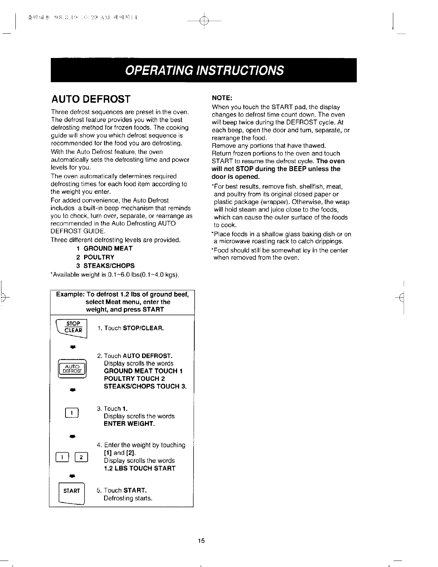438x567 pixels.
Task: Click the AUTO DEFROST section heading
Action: [x=91, y=99]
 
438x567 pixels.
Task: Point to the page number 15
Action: [x=201, y=541]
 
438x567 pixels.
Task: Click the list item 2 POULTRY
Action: [x=95, y=257]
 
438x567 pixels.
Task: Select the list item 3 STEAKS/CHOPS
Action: [x=105, y=266]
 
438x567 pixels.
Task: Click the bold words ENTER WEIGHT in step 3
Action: [x=129, y=424]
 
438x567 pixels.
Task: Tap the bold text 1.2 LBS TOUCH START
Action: [x=140, y=468]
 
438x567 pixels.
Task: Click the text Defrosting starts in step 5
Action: [x=128, y=498]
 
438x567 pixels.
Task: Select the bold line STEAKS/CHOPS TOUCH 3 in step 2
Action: [x=145, y=386]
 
